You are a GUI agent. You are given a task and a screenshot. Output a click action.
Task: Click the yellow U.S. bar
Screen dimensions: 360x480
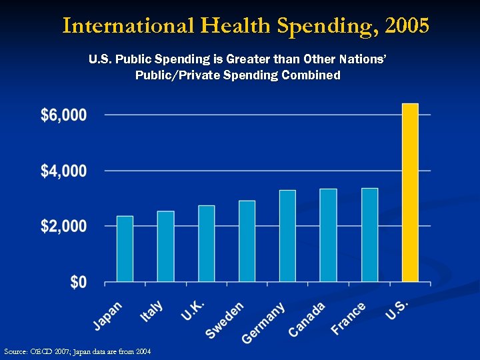tap(410, 193)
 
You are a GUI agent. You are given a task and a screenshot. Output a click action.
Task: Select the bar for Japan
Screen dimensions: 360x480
tap(125, 249)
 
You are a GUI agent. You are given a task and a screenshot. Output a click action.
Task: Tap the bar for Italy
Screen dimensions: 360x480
tap(165, 247)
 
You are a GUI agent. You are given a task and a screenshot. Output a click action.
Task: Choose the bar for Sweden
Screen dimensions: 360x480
tap(247, 241)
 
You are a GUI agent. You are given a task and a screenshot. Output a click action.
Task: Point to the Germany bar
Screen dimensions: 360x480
tap(287, 236)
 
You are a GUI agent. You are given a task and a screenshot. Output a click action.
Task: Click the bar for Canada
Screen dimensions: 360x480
tap(328, 235)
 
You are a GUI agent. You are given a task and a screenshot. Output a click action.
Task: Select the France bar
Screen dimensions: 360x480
tap(369, 235)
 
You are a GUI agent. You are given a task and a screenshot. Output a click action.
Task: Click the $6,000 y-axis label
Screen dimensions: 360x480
tap(64, 115)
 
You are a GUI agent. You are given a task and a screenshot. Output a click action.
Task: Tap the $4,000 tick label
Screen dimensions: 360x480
tap(64, 171)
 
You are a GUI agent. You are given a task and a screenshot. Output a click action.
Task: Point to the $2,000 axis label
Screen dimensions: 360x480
tap(64, 227)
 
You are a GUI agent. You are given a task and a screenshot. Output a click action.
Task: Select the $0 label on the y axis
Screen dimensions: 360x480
tap(79, 283)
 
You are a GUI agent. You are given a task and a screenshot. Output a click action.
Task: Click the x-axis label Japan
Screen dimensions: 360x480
tap(108, 315)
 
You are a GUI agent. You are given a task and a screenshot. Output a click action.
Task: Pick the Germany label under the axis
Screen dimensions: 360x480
tap(264, 323)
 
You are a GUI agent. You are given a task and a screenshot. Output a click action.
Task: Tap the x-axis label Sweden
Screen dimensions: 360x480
tap(225, 320)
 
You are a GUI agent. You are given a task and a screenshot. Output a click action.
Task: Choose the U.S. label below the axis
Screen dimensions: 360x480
tap(397, 309)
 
